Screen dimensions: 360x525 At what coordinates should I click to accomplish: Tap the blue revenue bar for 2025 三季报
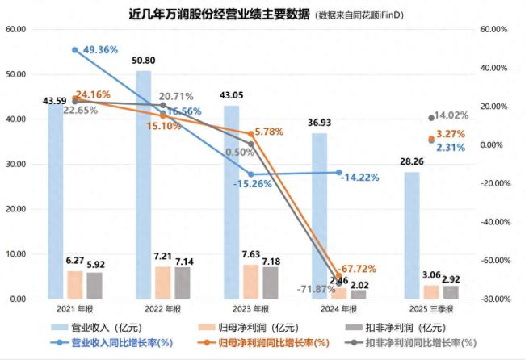412,235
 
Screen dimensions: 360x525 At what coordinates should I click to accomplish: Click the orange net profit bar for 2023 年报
250,282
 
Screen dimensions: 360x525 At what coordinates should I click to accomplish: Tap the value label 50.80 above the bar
143,61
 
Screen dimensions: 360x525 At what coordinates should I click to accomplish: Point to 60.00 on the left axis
15,29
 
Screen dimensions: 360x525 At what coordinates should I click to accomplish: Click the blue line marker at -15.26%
251,174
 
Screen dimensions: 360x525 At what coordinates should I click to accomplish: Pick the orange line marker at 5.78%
251,133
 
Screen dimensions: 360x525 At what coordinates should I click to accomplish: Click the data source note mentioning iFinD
372,15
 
